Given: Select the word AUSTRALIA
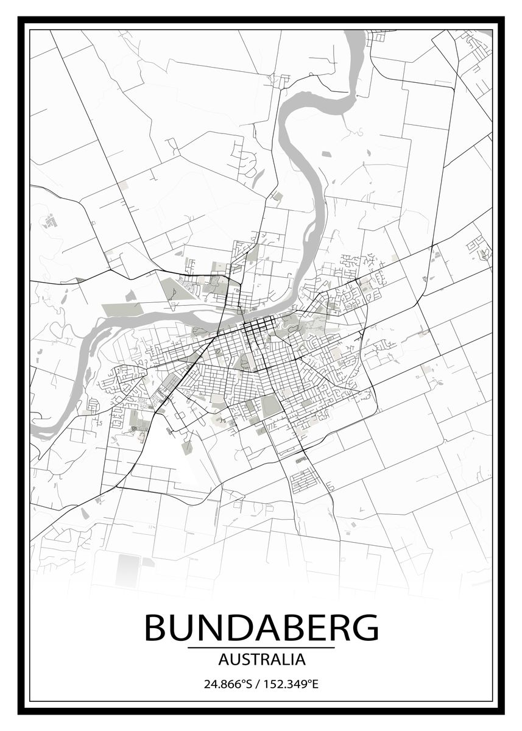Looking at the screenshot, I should [x=261, y=659].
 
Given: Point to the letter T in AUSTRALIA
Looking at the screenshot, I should [x=251, y=659].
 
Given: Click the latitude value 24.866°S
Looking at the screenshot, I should [x=228, y=684].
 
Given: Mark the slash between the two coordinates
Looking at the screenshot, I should [x=258, y=684].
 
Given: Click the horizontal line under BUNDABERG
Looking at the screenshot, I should [x=261, y=648].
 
